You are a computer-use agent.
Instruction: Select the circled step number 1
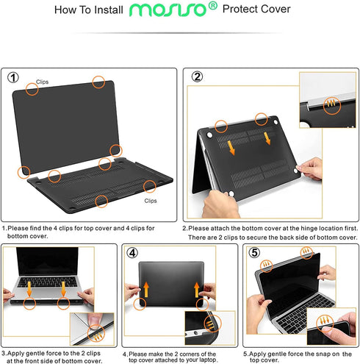coord(14,77)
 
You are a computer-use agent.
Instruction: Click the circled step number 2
coord(197,77)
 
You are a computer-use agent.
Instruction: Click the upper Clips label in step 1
coord(43,82)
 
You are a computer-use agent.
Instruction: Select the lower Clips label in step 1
coord(150,201)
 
